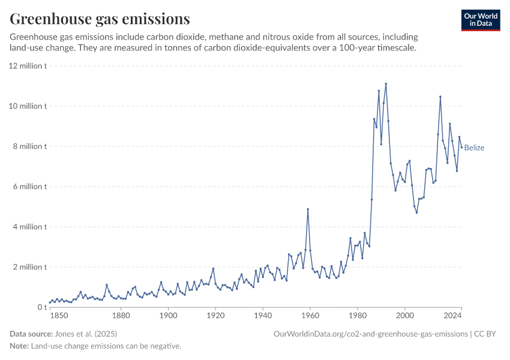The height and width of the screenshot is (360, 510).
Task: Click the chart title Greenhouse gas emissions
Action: pyautogui.click(x=100, y=19)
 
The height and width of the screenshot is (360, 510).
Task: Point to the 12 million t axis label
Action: pyautogui.click(x=28, y=66)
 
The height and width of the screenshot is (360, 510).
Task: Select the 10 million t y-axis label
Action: pyautogui.click(x=28, y=106)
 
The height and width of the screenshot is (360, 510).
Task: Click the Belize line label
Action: pyautogui.click(x=474, y=148)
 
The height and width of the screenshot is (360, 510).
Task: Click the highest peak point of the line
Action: pyautogui.click(x=386, y=84)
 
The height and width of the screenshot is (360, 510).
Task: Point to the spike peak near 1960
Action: pyautogui.click(x=308, y=209)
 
